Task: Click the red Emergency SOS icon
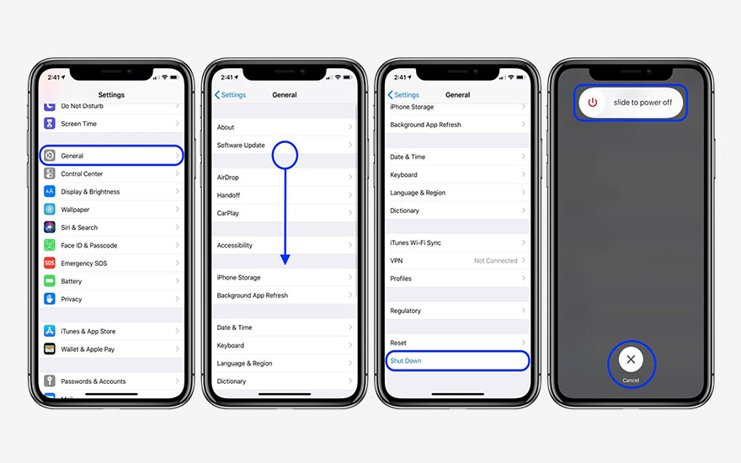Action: click(x=50, y=263)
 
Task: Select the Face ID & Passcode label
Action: click(x=89, y=246)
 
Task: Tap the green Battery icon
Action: click(x=50, y=281)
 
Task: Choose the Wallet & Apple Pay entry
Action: click(x=88, y=349)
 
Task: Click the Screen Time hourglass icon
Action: click(x=50, y=124)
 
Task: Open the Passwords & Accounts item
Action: click(x=93, y=381)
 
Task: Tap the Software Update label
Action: click(x=241, y=146)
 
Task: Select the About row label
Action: click(x=226, y=128)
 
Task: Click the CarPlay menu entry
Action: click(x=228, y=214)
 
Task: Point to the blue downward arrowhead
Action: click(x=285, y=259)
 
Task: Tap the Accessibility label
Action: click(x=235, y=246)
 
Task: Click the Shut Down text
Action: click(x=406, y=361)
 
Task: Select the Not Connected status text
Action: click(x=495, y=261)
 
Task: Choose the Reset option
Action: click(x=398, y=343)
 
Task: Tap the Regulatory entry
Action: click(x=405, y=311)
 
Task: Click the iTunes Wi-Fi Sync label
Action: click(x=415, y=243)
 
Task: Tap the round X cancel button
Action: click(x=631, y=359)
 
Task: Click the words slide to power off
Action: click(x=642, y=103)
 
